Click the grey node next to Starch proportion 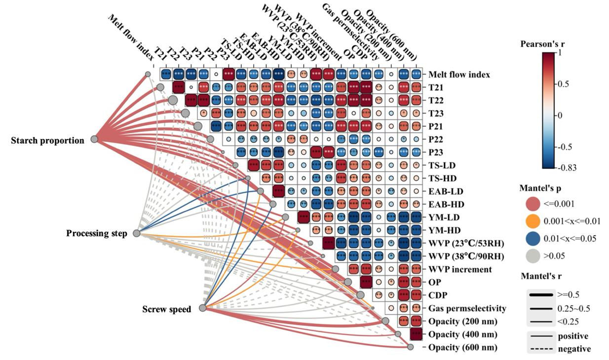pos(94,140)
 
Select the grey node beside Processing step pos(137,233)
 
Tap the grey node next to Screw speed pos(202,308)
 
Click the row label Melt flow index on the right pos(459,74)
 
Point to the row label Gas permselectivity pos(467,308)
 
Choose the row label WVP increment pos(460,269)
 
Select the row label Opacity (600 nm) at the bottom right pos(463,348)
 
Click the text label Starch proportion pos(48,141)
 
